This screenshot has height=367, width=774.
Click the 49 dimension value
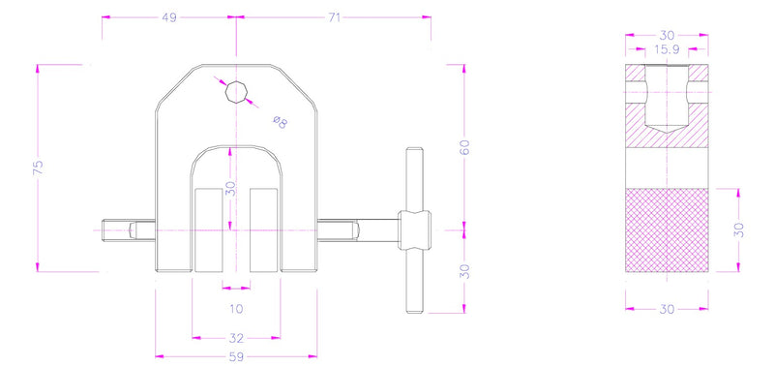tap(169, 17)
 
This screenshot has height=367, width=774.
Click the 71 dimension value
tap(334, 17)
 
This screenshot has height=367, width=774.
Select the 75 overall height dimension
tap(38, 168)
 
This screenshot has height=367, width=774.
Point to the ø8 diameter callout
tap(279, 121)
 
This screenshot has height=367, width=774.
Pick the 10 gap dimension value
tap(236, 310)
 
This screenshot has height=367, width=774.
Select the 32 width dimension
tap(236, 338)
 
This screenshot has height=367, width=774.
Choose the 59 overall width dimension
tap(236, 356)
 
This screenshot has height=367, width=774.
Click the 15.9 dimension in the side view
tap(668, 48)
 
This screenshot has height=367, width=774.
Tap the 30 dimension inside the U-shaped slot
tap(230, 188)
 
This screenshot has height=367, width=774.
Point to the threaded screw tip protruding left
tap(114, 230)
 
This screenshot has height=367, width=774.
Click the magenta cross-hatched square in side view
tap(668, 229)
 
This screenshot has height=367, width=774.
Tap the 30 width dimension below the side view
tap(668, 311)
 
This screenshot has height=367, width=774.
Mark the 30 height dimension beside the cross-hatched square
tap(739, 229)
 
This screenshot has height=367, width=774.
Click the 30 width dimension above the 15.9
tap(668, 35)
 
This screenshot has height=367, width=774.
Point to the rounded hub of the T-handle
tap(415, 230)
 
